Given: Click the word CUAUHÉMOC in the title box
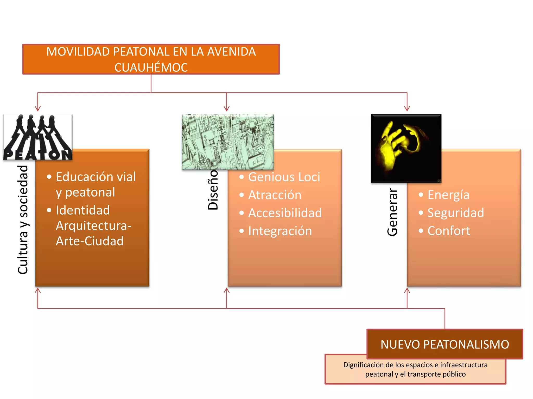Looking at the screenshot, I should [x=151, y=68].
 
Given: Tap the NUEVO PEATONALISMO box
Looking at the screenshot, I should [x=445, y=344].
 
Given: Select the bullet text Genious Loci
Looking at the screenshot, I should [x=284, y=177].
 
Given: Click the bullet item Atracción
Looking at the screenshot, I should [x=275, y=195].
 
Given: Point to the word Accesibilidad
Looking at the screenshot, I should [x=285, y=213].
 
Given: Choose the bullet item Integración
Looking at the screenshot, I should [x=280, y=231].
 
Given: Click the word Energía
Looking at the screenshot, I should [x=448, y=195].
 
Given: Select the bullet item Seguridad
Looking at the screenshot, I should [x=456, y=213].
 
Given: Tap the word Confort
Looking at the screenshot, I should [x=449, y=231].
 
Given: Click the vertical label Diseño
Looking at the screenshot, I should [x=213, y=190].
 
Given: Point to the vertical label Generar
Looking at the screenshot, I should [x=392, y=212].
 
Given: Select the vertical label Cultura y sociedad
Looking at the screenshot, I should [x=23, y=220].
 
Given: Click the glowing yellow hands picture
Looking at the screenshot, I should [x=406, y=148].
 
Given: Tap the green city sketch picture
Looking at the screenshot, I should [x=228, y=142].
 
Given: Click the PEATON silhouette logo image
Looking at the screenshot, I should [x=38, y=137].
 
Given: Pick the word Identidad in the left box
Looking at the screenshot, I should [x=83, y=210].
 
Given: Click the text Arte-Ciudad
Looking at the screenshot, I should [x=90, y=241].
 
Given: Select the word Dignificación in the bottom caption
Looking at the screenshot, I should [x=364, y=365].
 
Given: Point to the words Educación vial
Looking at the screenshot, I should [x=96, y=177].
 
